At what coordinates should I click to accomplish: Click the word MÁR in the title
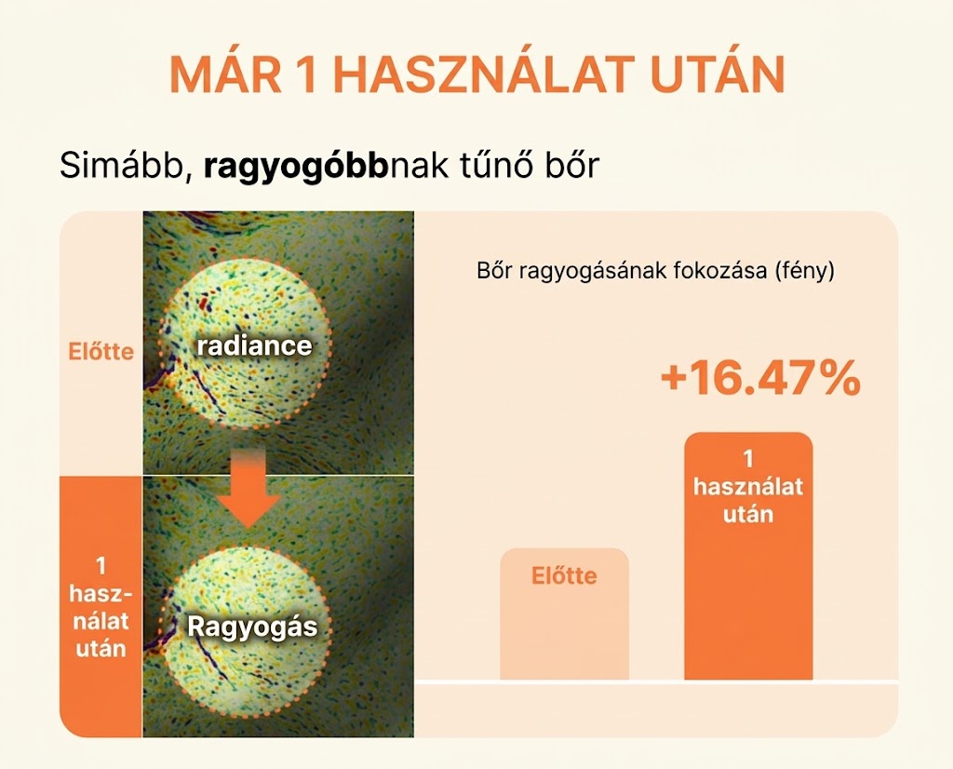(x=225, y=74)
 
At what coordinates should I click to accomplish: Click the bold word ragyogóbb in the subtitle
(x=295, y=166)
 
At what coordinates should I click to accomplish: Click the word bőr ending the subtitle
(x=572, y=165)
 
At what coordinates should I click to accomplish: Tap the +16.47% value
(x=759, y=377)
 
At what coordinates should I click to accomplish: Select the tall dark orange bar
(x=748, y=556)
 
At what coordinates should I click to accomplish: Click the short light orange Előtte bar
(x=564, y=614)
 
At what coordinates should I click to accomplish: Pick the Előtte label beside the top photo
(x=101, y=352)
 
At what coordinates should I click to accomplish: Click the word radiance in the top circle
(x=254, y=346)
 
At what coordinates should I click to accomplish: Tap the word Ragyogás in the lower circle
(x=252, y=627)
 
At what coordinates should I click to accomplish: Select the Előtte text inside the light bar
(x=564, y=575)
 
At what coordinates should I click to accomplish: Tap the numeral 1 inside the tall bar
(x=748, y=459)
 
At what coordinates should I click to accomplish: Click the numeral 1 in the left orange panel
(x=101, y=566)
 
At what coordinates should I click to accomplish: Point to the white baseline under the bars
(x=656, y=682)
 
